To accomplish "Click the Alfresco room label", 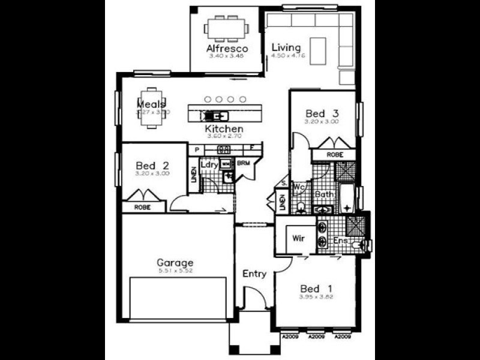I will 227,48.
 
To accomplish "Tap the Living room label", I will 286,47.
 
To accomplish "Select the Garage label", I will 175,262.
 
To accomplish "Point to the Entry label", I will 254,274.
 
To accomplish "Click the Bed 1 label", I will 316,287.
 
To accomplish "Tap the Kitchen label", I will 224,129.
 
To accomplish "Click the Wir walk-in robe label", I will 298,238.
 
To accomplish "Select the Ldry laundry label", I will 208,164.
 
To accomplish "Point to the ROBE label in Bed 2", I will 142,208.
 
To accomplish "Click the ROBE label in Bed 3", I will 335,155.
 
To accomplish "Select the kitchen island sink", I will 215,116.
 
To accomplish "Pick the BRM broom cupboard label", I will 243,163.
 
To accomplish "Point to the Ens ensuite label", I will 341,241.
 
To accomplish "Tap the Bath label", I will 324,194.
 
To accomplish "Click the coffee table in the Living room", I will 317,47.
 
